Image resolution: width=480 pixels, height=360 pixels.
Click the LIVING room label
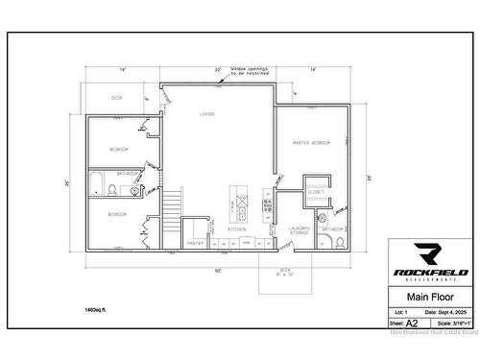point(206,114)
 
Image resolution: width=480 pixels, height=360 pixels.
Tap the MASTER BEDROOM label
point(311,142)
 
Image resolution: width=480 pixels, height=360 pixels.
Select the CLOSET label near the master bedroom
point(316,191)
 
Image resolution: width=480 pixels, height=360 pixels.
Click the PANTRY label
point(195,243)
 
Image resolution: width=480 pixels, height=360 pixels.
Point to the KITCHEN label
point(236,229)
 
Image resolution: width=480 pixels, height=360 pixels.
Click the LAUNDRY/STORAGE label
point(299,230)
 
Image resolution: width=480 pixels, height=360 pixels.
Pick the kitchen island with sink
point(236,202)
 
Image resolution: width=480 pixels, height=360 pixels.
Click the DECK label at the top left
point(116,98)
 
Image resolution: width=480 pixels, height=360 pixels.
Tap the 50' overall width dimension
point(218,271)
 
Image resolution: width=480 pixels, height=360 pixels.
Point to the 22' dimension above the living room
point(218,70)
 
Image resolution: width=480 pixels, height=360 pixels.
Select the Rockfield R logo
point(428,254)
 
